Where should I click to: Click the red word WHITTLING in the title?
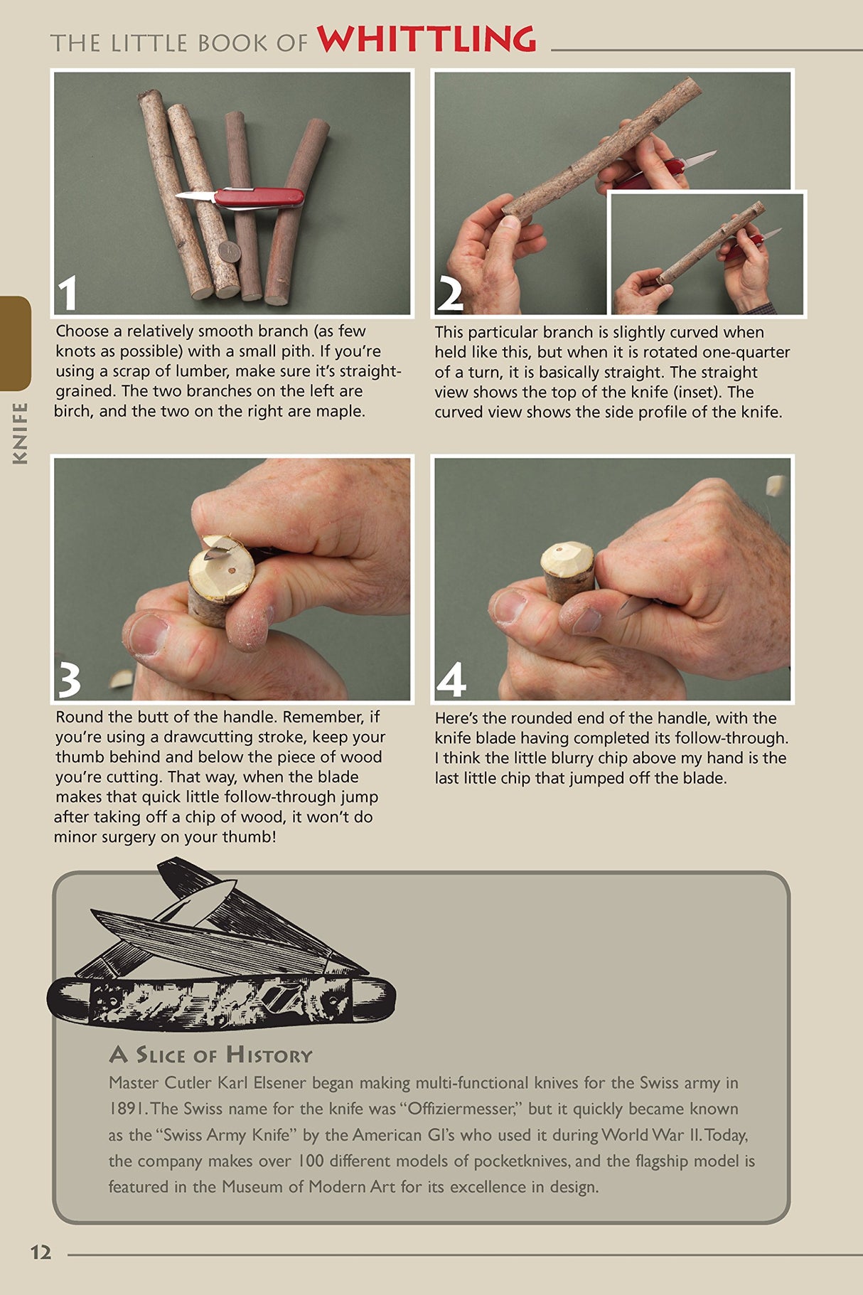tap(427, 39)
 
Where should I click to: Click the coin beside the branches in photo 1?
tap(229, 251)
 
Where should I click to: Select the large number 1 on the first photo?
tap(68, 293)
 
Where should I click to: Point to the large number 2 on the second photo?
tap(450, 293)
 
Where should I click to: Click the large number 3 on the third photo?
tap(69, 680)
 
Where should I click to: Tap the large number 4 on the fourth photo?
tap(451, 680)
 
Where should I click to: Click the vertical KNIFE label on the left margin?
tap(21, 433)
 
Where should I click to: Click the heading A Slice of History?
tap(211, 1055)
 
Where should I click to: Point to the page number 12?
tap(41, 1252)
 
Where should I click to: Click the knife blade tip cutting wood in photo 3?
tap(213, 552)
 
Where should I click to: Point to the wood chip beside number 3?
tap(121, 679)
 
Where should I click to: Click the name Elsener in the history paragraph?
tap(273, 1083)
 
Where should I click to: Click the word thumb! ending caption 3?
tap(252, 837)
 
